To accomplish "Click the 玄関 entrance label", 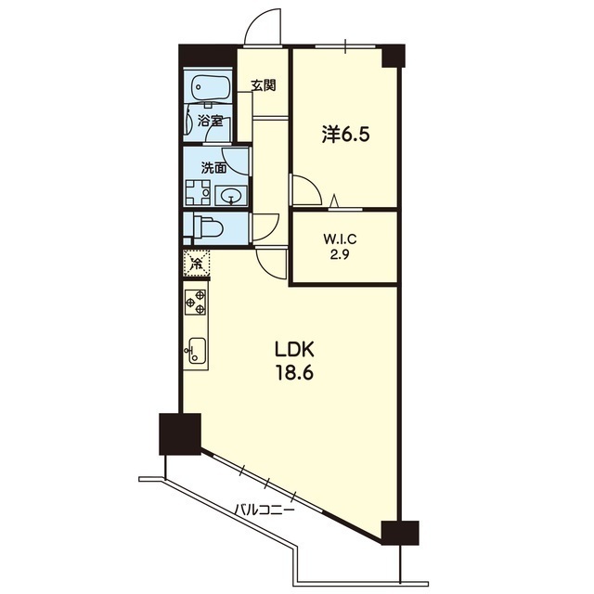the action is click(x=264, y=86).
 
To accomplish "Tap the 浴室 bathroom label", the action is click(x=210, y=122).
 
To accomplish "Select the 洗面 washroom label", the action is click(x=214, y=168).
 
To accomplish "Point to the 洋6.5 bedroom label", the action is click(x=345, y=135).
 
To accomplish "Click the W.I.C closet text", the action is click(x=340, y=239).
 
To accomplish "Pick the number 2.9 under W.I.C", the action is click(x=340, y=254).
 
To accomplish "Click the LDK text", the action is click(x=294, y=350).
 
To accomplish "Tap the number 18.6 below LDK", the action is click(x=294, y=373).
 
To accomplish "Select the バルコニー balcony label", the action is click(x=264, y=510).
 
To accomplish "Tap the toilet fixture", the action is click(x=208, y=226).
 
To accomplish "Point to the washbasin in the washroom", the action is click(x=231, y=196).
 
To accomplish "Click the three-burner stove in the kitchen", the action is click(x=196, y=302).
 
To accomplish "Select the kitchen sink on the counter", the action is click(x=196, y=351).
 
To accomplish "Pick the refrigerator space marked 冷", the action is click(x=196, y=262).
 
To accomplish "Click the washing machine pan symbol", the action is click(x=198, y=192).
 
